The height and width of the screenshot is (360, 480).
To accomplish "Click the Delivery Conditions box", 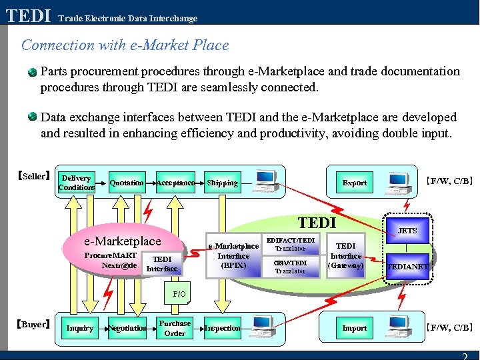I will click(75, 183).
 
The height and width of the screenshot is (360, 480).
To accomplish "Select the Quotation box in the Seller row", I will click(127, 183).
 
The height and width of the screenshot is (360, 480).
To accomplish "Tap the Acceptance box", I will click(175, 183).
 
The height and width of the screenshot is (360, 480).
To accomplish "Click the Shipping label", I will click(222, 183).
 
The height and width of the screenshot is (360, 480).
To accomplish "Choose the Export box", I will click(354, 183).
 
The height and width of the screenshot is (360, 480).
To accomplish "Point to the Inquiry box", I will click(79, 328).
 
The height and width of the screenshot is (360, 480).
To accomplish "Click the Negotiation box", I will click(127, 328).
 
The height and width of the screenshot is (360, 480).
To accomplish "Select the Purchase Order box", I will click(175, 328).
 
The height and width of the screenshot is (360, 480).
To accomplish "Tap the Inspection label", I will click(222, 328).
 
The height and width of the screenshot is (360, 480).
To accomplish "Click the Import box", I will click(354, 328).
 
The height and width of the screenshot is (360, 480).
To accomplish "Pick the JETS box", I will click(407, 231).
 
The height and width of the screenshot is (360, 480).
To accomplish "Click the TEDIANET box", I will click(407, 267).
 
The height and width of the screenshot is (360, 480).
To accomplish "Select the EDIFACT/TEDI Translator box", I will click(291, 243).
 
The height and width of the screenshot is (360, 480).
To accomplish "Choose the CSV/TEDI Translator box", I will click(291, 267).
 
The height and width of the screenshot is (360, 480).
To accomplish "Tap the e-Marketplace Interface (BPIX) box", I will click(233, 256).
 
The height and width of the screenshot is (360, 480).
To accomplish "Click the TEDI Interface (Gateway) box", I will click(346, 255).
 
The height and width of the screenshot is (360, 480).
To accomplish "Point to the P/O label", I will click(179, 293).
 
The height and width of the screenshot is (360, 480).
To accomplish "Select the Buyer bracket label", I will click(33, 325).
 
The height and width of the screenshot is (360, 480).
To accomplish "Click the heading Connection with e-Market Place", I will click(125, 45).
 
